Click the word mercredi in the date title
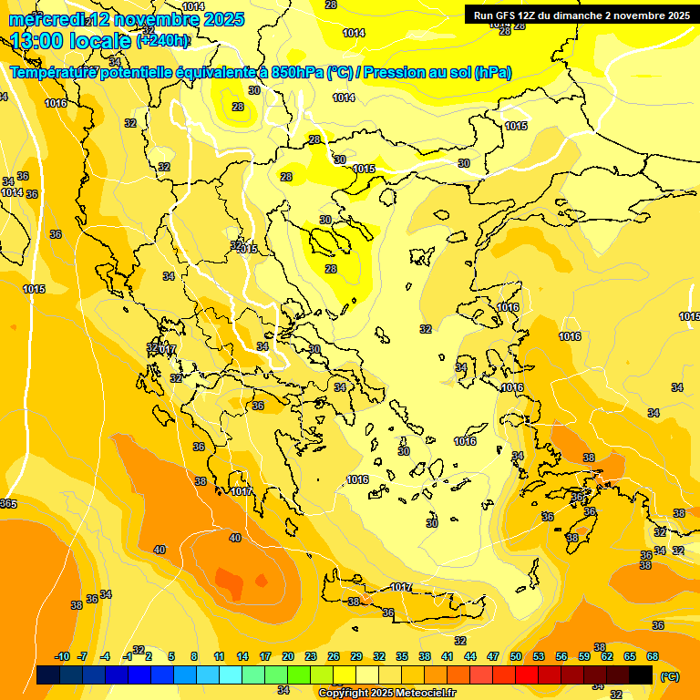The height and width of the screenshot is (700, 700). click(x=44, y=19)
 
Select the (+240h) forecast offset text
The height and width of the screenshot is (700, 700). click(x=162, y=40)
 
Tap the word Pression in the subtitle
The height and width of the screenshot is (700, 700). click(x=395, y=73)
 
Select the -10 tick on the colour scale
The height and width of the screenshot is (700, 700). click(x=62, y=656)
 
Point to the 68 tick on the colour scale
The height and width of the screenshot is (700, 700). click(x=653, y=656)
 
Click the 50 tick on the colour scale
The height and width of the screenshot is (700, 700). click(x=516, y=656)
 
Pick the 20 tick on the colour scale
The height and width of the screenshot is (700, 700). click(x=288, y=656)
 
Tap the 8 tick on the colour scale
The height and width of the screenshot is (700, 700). click(x=194, y=656)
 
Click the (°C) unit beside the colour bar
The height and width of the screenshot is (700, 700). click(x=670, y=676)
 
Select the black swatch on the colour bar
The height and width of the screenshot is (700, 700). click(x=641, y=674)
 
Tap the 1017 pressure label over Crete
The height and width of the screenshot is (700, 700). click(x=401, y=587)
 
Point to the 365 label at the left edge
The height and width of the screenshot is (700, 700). click(x=8, y=504)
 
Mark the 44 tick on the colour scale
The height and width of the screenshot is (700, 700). click(x=470, y=656)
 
